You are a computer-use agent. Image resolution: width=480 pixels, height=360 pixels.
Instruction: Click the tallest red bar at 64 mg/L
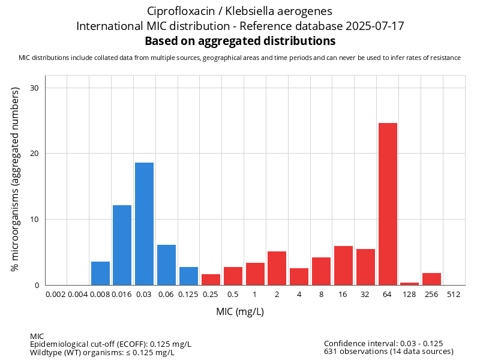tap(388, 204)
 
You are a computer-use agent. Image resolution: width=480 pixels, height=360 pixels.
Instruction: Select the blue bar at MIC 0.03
tap(144, 224)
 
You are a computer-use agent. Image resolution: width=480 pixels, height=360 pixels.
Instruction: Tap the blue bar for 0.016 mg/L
tap(122, 245)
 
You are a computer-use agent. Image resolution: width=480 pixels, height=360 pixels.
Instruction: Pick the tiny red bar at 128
tap(410, 284)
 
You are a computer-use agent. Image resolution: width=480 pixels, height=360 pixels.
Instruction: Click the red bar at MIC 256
tap(431, 279)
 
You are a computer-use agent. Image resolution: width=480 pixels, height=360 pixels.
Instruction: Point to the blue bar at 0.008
tap(100, 273)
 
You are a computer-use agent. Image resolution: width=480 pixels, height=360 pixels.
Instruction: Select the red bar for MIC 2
tap(277, 268)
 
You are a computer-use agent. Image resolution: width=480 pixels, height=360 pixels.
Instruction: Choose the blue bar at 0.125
tap(188, 276)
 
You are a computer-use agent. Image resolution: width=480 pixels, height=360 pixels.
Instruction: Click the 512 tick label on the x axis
tap(454, 295)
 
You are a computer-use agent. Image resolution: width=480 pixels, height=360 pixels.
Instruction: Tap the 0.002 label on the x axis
tap(55, 295)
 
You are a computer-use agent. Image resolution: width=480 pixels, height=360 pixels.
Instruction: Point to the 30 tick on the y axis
tap(34, 88)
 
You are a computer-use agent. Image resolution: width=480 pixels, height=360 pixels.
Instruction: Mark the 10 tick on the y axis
tap(34, 219)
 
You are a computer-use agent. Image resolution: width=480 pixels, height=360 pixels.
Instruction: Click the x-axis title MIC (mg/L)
tap(240, 312)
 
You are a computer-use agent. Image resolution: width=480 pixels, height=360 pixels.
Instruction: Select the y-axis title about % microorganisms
tap(16, 178)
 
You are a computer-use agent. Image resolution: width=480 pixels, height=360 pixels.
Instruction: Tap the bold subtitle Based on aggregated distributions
tap(240, 41)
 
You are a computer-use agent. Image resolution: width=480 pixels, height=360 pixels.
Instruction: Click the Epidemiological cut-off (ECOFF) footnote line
tap(110, 344)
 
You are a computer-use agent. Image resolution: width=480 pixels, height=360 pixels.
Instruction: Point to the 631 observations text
tap(388, 352)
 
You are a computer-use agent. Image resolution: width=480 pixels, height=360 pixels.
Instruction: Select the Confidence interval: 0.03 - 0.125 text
tap(383, 343)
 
